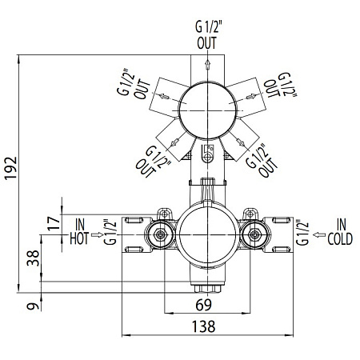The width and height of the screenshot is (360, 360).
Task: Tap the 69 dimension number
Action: tap(205, 305)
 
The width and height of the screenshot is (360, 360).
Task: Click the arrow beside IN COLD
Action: tap(318, 234)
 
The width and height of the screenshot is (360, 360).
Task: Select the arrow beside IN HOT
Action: tap(98, 234)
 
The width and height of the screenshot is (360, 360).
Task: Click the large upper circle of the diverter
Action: tap(207, 110)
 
